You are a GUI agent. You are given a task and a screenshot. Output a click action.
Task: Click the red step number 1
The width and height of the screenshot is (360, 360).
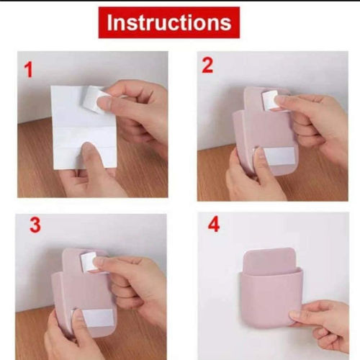pos(29,70)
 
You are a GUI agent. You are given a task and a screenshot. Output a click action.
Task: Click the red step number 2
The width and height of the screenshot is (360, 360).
pos(207,66)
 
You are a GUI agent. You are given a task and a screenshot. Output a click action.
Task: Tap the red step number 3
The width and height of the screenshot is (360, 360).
pos(35,225)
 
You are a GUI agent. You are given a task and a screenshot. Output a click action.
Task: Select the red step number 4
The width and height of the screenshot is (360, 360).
pos(213,225)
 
